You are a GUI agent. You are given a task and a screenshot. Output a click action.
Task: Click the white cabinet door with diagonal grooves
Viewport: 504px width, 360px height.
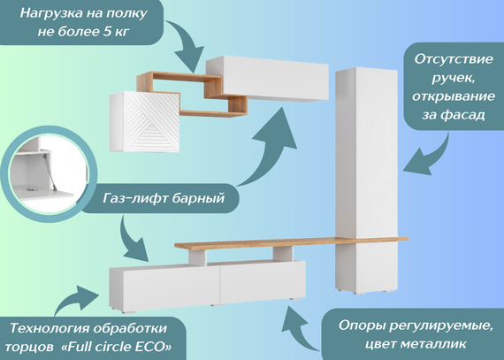[151, 122]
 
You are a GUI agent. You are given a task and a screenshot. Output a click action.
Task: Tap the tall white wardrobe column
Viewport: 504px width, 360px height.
[366, 180]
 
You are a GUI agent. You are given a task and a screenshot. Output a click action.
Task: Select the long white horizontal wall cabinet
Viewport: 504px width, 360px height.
[267, 79]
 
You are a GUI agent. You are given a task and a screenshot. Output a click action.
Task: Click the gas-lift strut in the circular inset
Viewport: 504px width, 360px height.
[50, 172]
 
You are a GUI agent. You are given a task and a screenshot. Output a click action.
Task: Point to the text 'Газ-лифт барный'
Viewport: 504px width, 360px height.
[164, 198]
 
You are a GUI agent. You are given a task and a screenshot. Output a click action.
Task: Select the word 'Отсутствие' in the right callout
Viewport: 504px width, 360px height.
[454, 59]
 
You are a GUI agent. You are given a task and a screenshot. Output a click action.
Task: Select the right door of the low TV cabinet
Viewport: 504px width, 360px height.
[263, 280]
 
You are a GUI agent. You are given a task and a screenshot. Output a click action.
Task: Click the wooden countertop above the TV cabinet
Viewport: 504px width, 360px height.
[291, 242]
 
